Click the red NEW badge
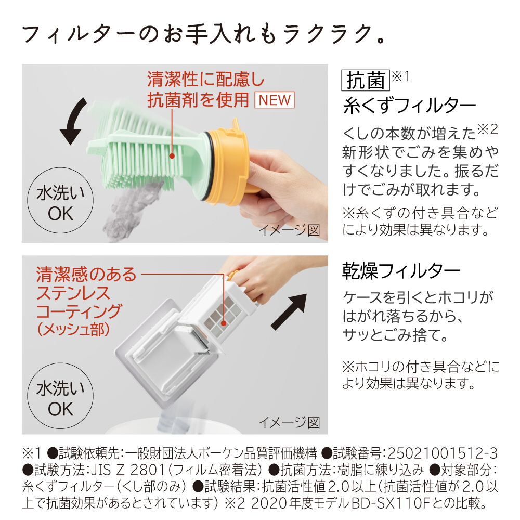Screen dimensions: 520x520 coord(274,100)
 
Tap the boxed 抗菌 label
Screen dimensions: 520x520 coord(366,80)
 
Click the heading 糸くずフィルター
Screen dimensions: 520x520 coord(410,106)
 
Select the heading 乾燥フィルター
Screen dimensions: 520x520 coord(401,271)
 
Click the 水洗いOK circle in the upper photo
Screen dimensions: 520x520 coord(60,200)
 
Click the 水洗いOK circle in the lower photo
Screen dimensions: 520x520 coord(60,396)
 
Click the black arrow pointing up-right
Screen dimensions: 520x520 coord(289,311)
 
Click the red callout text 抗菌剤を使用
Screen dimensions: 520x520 coord(198,100)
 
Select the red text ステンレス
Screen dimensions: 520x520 coord(73,293)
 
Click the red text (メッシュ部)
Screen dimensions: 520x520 coord(73,329)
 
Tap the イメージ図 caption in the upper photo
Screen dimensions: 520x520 coord(289,230)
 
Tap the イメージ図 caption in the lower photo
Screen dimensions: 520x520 coord(289,422)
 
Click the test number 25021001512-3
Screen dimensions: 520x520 coord(443,453)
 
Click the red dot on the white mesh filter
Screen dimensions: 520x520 coord(224,323)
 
